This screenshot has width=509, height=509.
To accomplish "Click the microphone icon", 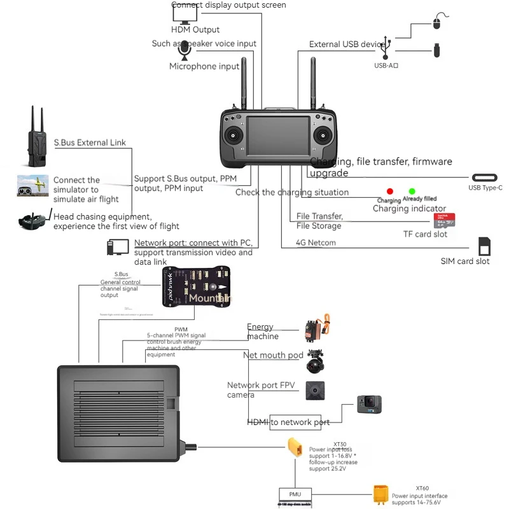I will [185, 48].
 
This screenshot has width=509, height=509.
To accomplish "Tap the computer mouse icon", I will [436, 22].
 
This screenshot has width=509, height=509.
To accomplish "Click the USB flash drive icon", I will [437, 50].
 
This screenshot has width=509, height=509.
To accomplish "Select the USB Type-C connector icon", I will [487, 178].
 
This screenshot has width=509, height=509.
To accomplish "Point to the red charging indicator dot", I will [390, 191].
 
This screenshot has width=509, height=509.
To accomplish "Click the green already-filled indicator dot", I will [412, 191].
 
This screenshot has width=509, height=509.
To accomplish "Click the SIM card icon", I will [484, 246].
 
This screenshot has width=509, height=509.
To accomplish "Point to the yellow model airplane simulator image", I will [33, 186].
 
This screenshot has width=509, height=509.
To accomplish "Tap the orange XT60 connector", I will [380, 494].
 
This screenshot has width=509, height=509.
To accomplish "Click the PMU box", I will [295, 494].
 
